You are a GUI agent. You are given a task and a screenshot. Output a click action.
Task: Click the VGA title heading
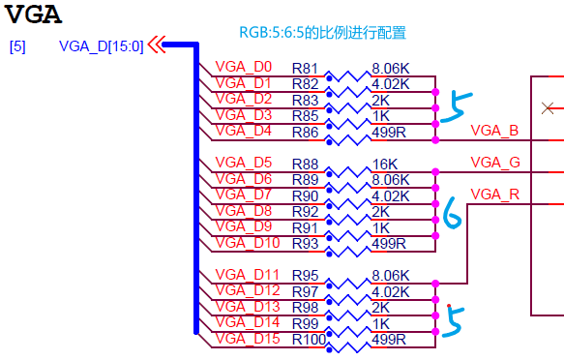pyautogui.click(x=35, y=15)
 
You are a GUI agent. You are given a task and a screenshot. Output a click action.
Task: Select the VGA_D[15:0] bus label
pyautogui.click(x=101, y=45)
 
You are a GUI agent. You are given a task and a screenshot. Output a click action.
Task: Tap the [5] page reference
pyautogui.click(x=16, y=45)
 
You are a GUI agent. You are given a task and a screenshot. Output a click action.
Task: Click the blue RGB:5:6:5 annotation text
pyautogui.click(x=322, y=33)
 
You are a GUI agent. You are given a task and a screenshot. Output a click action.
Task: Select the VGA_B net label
pyautogui.click(x=494, y=131)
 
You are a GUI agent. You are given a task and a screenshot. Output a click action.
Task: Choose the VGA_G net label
pyautogui.click(x=495, y=162)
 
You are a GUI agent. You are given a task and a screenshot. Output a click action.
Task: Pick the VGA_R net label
pyautogui.click(x=495, y=195)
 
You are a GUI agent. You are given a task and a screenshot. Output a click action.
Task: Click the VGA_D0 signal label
pyautogui.click(x=244, y=68)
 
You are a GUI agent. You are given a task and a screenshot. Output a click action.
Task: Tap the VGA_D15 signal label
pyautogui.click(x=248, y=338)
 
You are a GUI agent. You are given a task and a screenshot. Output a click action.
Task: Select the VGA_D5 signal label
pyautogui.click(x=244, y=163)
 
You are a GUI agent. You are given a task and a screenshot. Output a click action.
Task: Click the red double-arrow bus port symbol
pyautogui.click(x=156, y=45)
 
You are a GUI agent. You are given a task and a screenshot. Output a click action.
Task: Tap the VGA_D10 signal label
pyautogui.click(x=248, y=242)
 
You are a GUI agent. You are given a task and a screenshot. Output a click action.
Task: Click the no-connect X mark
pyautogui.click(x=549, y=106)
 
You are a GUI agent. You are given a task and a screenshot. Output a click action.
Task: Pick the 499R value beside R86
pyautogui.click(x=389, y=131)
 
